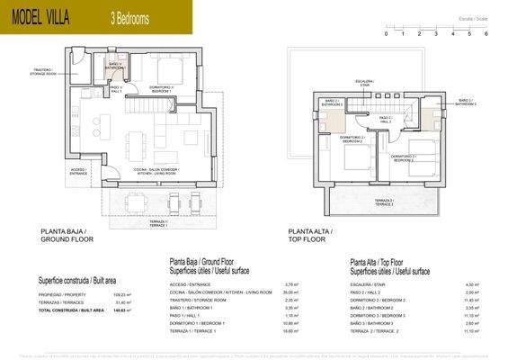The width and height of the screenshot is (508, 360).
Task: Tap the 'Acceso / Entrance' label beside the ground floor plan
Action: [x=78, y=171]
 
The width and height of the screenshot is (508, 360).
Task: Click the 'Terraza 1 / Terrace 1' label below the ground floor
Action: [x=158, y=222]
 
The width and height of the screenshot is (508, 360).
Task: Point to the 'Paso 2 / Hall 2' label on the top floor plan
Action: [x=385, y=118]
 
